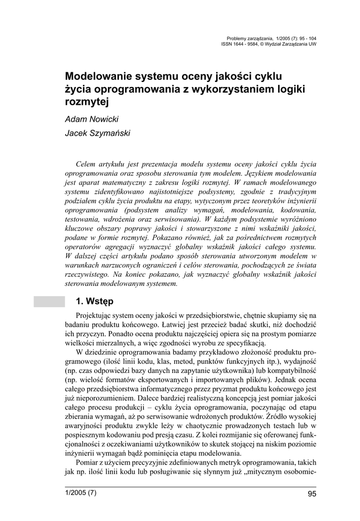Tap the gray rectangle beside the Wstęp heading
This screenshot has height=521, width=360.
tap(49, 301)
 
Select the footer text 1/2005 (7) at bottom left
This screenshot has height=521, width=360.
tap(80, 493)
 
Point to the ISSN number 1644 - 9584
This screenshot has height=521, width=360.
tap(241, 44)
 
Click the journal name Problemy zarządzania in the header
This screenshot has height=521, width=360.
tap(249, 38)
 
